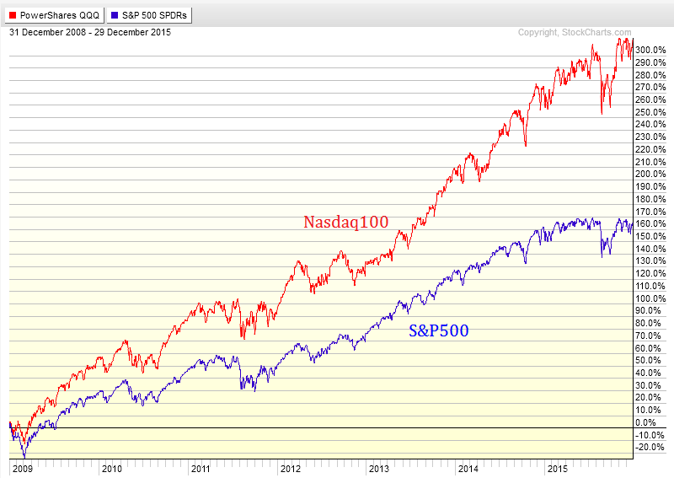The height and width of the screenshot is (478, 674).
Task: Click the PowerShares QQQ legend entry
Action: tap(55, 15)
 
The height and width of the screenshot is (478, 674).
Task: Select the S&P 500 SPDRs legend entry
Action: tap(149, 15)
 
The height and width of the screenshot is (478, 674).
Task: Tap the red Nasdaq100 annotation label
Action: tap(346, 222)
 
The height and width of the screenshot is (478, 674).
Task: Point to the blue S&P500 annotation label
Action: tap(438, 330)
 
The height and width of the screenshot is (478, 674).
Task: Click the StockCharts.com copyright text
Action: tap(575, 33)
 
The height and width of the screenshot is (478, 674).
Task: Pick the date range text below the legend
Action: tap(90, 32)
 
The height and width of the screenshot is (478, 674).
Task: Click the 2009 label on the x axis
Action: tap(23, 469)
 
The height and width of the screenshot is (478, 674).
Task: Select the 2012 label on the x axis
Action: tap(291, 469)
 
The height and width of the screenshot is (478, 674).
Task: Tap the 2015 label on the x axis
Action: tap(558, 469)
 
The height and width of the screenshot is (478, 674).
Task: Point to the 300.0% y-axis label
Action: tap(650, 50)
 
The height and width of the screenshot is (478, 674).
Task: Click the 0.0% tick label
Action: tap(646, 422)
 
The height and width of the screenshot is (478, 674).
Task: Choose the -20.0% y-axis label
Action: tap(650, 447)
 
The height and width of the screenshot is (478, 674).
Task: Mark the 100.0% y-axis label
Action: tap(650, 298)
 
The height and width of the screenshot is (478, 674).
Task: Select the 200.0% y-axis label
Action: tap(650, 174)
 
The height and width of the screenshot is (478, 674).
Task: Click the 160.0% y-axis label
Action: tap(650, 223)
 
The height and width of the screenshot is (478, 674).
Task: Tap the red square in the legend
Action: tap(13, 15)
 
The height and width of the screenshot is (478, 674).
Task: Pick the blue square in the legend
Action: tap(115, 15)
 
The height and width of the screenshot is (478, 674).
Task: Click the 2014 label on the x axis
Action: tap(468, 469)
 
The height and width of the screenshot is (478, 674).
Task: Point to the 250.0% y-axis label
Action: tap(650, 112)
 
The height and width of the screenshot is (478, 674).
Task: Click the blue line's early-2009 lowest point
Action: tap(24, 458)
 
